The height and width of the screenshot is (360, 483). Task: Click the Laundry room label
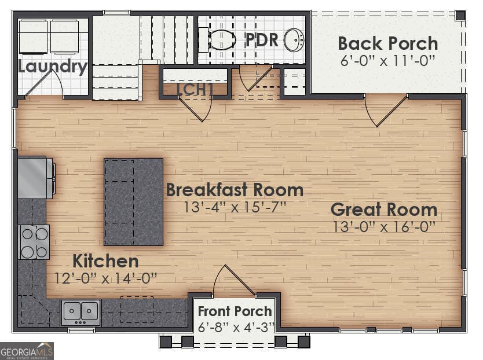52,67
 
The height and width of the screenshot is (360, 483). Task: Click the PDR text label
262,41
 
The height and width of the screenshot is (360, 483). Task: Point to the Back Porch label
387,43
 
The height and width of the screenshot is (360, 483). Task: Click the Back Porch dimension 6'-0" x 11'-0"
387,60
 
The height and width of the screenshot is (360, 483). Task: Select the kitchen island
133,201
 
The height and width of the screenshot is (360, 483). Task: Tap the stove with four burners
34,242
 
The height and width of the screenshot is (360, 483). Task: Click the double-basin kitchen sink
81,313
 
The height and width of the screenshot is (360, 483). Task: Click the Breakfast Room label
235,190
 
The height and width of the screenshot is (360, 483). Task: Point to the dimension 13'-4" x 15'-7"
235,207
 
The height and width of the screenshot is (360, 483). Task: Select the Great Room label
383,210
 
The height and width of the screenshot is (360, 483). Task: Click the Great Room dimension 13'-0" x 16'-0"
383,227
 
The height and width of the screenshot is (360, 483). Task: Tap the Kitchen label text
105,261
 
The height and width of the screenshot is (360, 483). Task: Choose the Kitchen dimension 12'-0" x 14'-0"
105,278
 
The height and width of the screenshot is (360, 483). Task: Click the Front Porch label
235,311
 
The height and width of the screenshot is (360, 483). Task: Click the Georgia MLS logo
27,351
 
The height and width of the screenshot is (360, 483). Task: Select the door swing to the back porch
383,110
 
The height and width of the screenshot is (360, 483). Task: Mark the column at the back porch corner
460,16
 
